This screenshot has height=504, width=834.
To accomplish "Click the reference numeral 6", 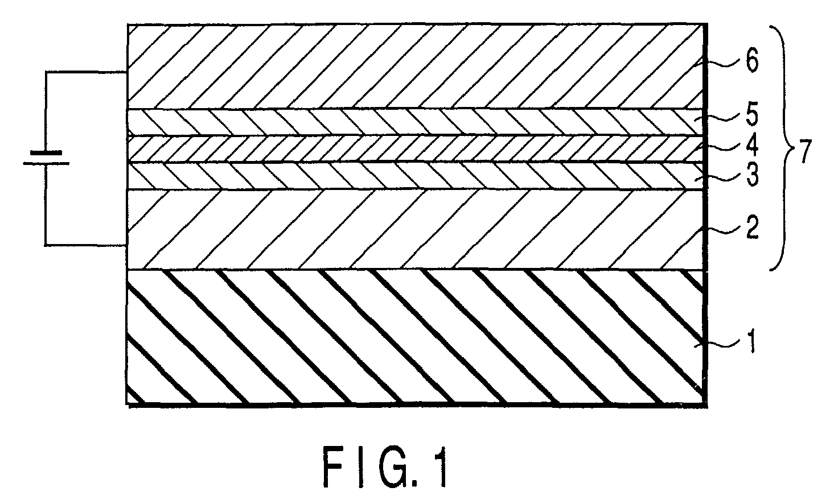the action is click(x=751, y=63).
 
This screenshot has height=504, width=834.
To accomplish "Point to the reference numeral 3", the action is click(x=751, y=176).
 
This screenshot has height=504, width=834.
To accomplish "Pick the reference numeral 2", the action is click(x=751, y=230).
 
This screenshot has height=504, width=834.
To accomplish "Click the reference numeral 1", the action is click(x=751, y=343).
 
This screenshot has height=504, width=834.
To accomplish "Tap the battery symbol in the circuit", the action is click(x=46, y=158).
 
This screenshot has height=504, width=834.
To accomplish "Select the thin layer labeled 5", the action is click(x=398, y=122).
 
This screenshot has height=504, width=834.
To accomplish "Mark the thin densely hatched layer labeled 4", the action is click(x=398, y=149).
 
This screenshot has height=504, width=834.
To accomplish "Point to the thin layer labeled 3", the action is click(x=398, y=176).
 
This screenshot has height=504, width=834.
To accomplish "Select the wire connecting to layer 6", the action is click(x=85, y=72).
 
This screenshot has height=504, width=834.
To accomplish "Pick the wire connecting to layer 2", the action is click(x=85, y=245).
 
